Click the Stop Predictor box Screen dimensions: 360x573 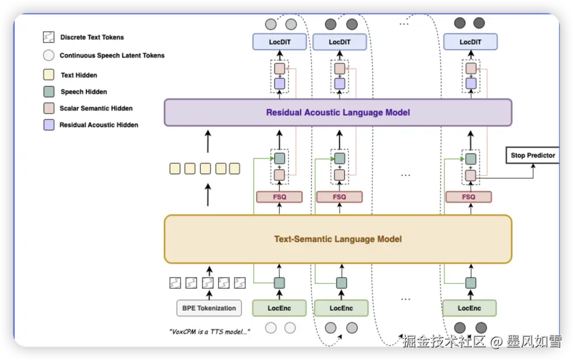click(x=533, y=155)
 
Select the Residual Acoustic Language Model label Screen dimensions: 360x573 click(x=338, y=113)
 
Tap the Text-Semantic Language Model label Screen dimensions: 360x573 click(x=338, y=239)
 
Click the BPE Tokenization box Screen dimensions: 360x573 click(x=209, y=308)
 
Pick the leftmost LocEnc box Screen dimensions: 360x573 click(x=280, y=308)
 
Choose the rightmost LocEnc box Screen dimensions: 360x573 click(x=469, y=308)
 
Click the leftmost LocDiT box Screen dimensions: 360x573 click(x=280, y=42)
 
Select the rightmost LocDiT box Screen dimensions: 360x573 click(x=470, y=42)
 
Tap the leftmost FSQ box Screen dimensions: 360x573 click(x=279, y=197)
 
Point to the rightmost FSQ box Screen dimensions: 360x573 click(x=469, y=197)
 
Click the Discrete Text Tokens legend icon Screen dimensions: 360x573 click(x=49, y=38)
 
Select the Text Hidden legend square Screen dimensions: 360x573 click(x=49, y=75)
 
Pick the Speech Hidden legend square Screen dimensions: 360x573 click(x=49, y=92)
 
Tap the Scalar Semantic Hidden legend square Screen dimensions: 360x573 click(x=49, y=108)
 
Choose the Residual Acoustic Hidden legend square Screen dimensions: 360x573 click(x=49, y=125)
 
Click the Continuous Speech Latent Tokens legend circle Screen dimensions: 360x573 click(x=49, y=55)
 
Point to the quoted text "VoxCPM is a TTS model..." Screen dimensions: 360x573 click(x=209, y=331)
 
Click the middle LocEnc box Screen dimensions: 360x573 click(x=341, y=308)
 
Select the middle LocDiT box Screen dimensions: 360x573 click(x=340, y=42)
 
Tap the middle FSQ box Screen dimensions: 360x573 click(x=339, y=197)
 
